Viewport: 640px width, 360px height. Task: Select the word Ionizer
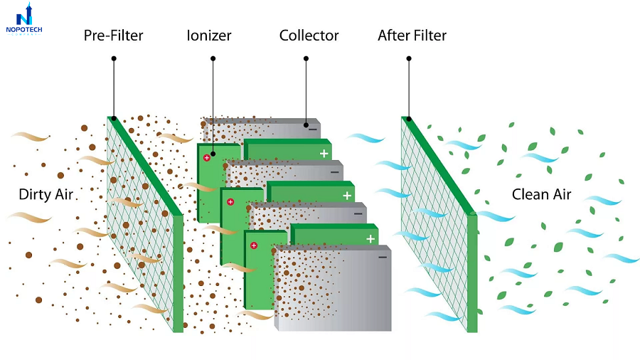click(209, 36)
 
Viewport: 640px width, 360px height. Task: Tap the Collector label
click(309, 36)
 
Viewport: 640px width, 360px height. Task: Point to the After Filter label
click(412, 36)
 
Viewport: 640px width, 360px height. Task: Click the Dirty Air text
click(46, 195)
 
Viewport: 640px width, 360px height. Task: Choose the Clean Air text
click(542, 195)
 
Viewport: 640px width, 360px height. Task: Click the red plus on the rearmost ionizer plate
click(207, 157)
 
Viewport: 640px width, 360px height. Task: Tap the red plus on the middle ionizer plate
click(230, 202)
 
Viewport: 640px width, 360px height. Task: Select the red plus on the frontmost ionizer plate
click(253, 245)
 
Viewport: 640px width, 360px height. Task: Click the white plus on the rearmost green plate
click(324, 153)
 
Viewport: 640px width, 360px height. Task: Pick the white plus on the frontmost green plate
click(370, 239)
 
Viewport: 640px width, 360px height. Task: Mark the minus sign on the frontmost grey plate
click(382, 256)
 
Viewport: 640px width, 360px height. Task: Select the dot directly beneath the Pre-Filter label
click(113, 118)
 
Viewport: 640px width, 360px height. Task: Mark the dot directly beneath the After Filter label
click(409, 119)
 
